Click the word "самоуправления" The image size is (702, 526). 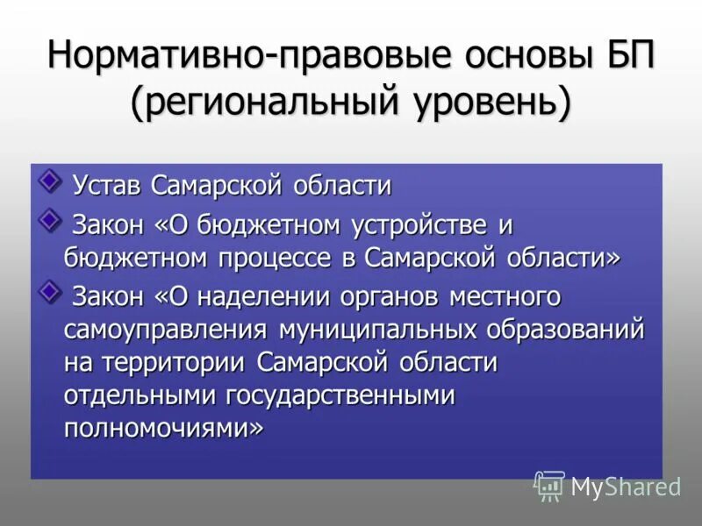click(165, 331)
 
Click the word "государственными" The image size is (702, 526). click(341, 395)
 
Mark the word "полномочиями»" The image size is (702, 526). click(162, 429)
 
